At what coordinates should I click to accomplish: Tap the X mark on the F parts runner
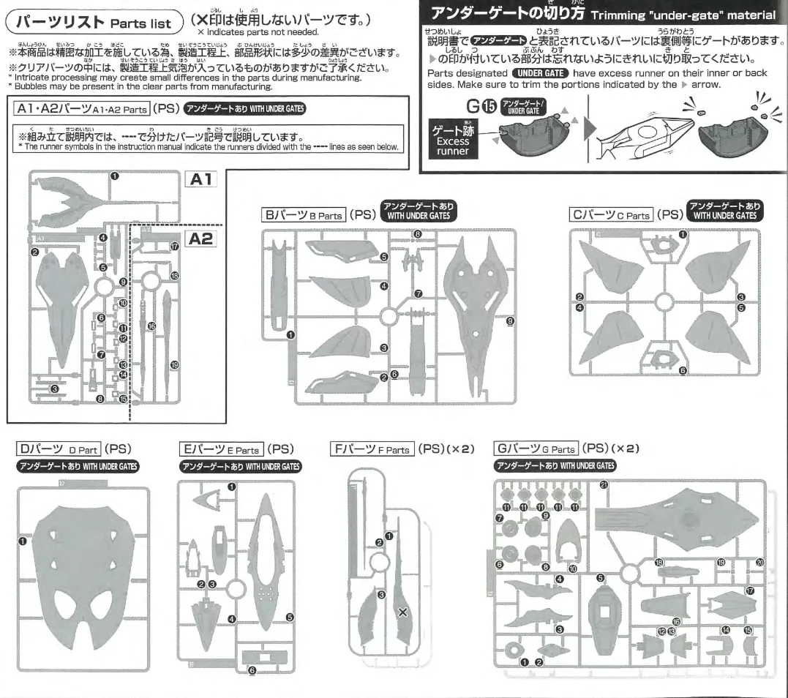pos(402,612)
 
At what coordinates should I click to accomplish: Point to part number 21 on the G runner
pos(604,486)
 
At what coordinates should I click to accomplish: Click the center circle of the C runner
pos(663,302)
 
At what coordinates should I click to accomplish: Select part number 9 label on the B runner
pos(510,320)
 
